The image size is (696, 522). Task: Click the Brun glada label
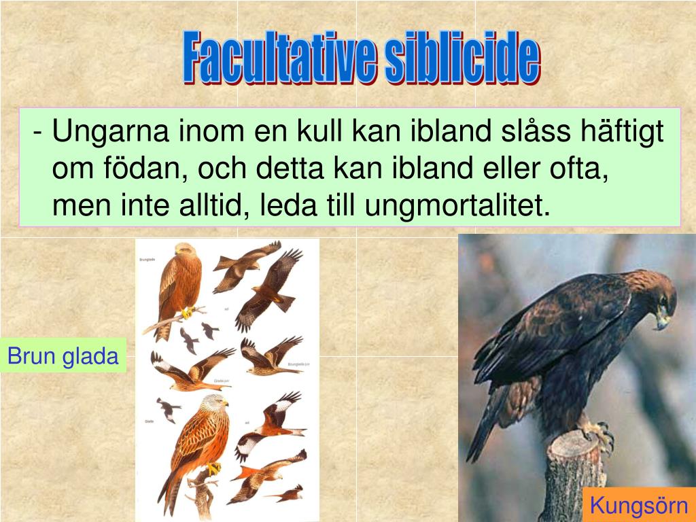coord(63,355)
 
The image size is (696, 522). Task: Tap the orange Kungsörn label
coord(639,506)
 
